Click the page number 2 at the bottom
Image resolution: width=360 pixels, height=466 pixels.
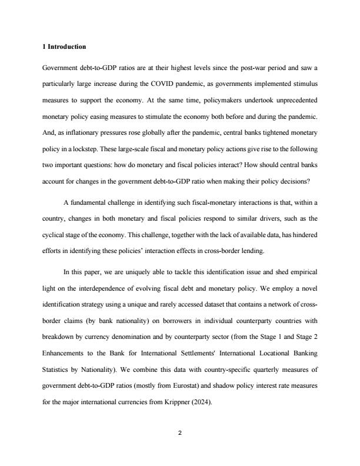180,433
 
